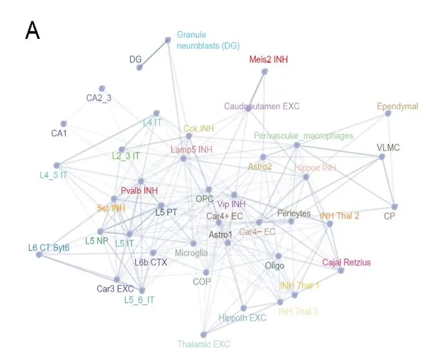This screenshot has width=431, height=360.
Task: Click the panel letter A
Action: [32, 31]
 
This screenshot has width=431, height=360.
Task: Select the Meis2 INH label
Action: [268, 59]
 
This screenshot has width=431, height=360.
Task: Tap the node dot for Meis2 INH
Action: [264, 71]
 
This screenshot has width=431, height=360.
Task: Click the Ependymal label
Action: [397, 106]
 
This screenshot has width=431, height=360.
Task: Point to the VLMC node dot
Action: [382, 157]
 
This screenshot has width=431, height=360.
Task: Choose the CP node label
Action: [389, 216]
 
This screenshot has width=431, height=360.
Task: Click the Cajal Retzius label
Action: [346, 263]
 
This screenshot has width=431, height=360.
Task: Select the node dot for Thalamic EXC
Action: [203, 335]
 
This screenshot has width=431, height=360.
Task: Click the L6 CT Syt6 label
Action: [49, 248]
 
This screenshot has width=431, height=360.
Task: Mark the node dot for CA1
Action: [64, 124]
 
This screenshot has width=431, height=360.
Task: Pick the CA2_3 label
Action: [99, 98]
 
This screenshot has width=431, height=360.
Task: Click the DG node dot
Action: [139, 67]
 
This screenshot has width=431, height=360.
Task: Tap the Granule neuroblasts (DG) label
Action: [208, 40]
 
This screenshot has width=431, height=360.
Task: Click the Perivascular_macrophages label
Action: [304, 135]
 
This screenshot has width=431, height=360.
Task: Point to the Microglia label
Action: [191, 253]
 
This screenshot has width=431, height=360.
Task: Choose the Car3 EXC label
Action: [115, 289]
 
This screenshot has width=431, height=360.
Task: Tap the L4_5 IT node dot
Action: [56, 165]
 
